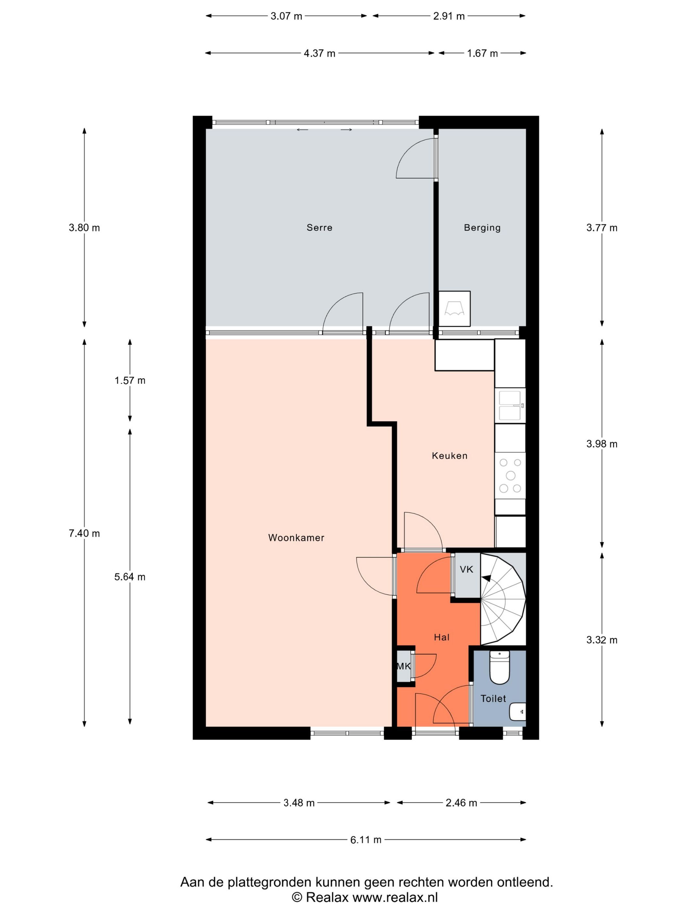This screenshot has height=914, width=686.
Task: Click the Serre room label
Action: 319,227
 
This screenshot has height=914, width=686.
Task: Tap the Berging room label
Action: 482,228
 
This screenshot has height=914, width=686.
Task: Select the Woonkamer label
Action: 296,538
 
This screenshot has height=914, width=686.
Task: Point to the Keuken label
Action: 449,455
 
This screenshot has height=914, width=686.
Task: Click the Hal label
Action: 442,637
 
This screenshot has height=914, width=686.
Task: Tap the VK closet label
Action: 466,569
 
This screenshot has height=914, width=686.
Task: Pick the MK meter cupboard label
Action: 403,666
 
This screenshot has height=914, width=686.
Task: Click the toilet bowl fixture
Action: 499,667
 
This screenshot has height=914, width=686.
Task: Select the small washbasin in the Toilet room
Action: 518,712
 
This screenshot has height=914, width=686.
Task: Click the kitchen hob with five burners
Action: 510,475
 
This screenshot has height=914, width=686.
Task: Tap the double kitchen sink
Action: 510,405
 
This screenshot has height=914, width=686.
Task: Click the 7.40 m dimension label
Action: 84,533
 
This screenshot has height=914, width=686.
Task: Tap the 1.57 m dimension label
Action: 130,380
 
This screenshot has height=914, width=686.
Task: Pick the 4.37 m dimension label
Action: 319,53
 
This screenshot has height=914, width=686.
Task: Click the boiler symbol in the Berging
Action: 454,309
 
